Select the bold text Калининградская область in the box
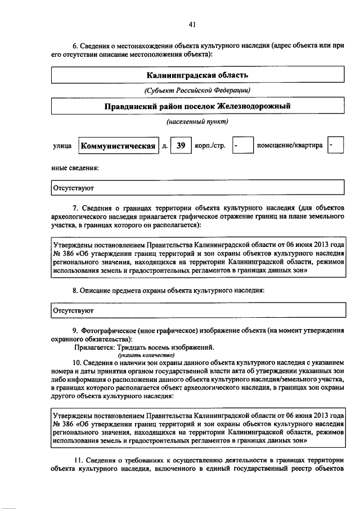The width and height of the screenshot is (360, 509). click(x=197, y=74)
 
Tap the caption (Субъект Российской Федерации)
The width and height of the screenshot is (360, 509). click(x=197, y=90)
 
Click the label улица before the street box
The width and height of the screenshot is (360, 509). click(x=62, y=146)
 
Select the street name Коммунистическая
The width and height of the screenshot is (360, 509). click(x=118, y=146)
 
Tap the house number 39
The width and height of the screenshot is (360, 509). click(x=181, y=146)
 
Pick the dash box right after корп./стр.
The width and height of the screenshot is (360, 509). click(x=242, y=146)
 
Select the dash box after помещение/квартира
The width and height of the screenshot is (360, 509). click(x=334, y=146)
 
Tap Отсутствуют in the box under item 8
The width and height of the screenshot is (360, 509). click(x=73, y=310)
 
